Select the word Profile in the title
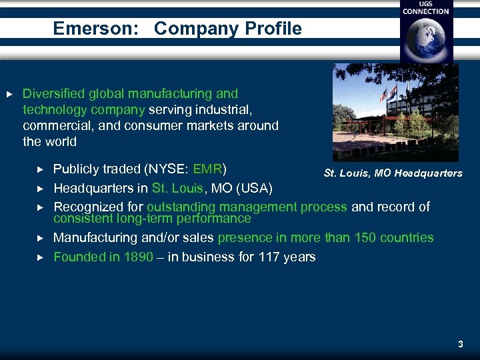coord(273,29)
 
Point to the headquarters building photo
coord(395,112)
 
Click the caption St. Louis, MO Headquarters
coord(393,173)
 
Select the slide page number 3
coord(460,345)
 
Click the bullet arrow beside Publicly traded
coord(39,168)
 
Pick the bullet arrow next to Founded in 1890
coord(39,257)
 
